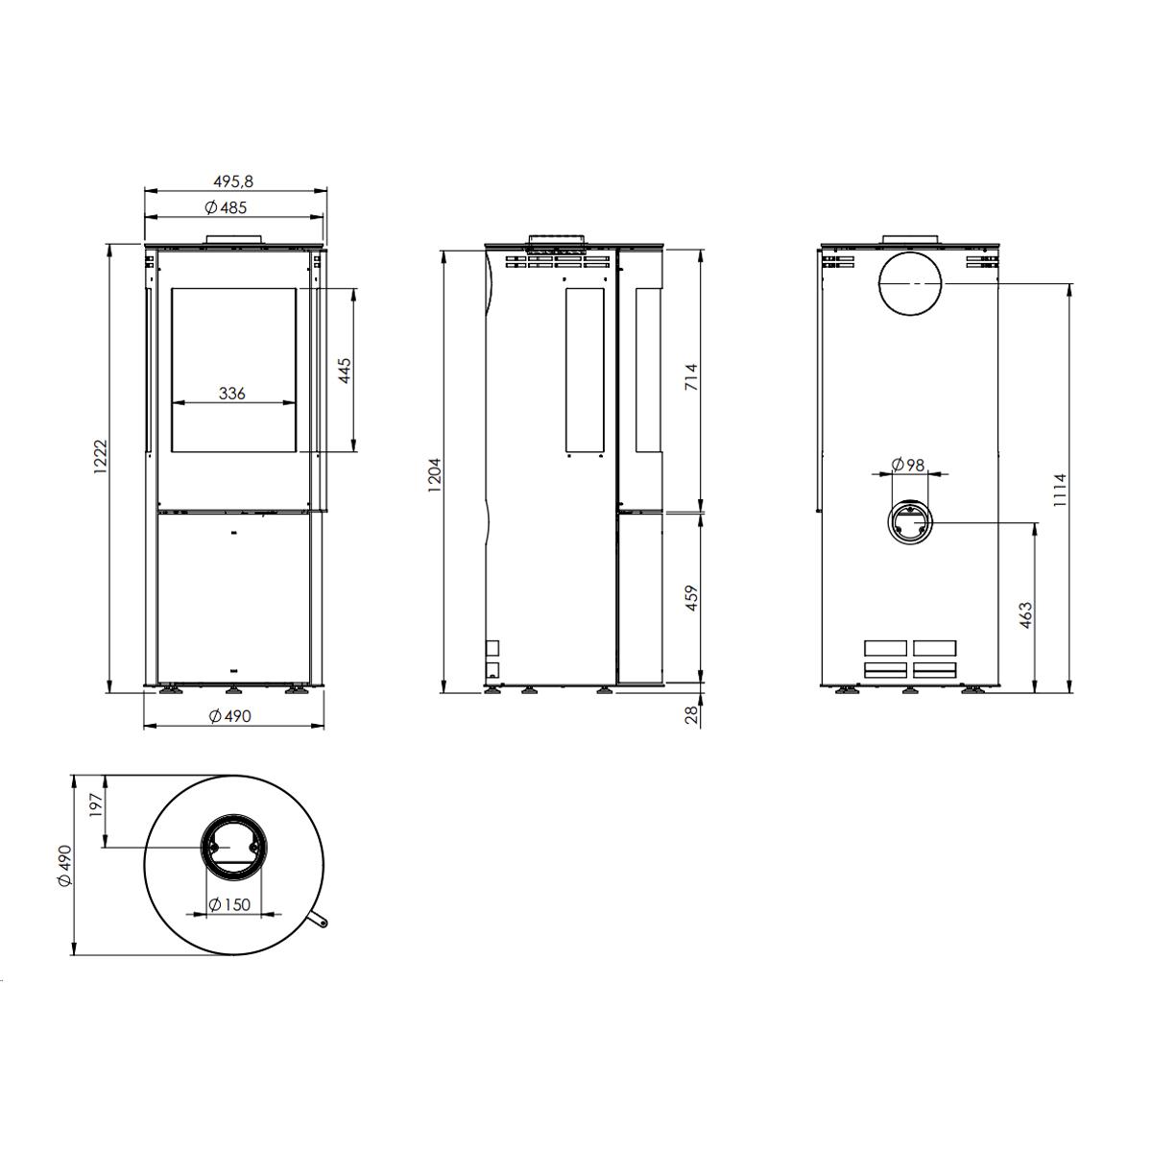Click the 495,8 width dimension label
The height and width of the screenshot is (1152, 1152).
click(233, 181)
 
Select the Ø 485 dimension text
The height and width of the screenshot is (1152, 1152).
click(226, 208)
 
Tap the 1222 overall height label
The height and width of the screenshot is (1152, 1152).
click(100, 457)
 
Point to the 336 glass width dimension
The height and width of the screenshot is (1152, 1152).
click(232, 394)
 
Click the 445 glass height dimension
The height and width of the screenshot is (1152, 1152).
click(345, 371)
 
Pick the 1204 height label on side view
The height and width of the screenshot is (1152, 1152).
click(435, 474)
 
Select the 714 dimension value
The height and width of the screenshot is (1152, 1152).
click(691, 376)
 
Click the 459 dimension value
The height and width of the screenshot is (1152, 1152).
click(691, 598)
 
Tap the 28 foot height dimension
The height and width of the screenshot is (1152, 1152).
click(691, 715)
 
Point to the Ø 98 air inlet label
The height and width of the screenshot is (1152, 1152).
click(907, 465)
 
